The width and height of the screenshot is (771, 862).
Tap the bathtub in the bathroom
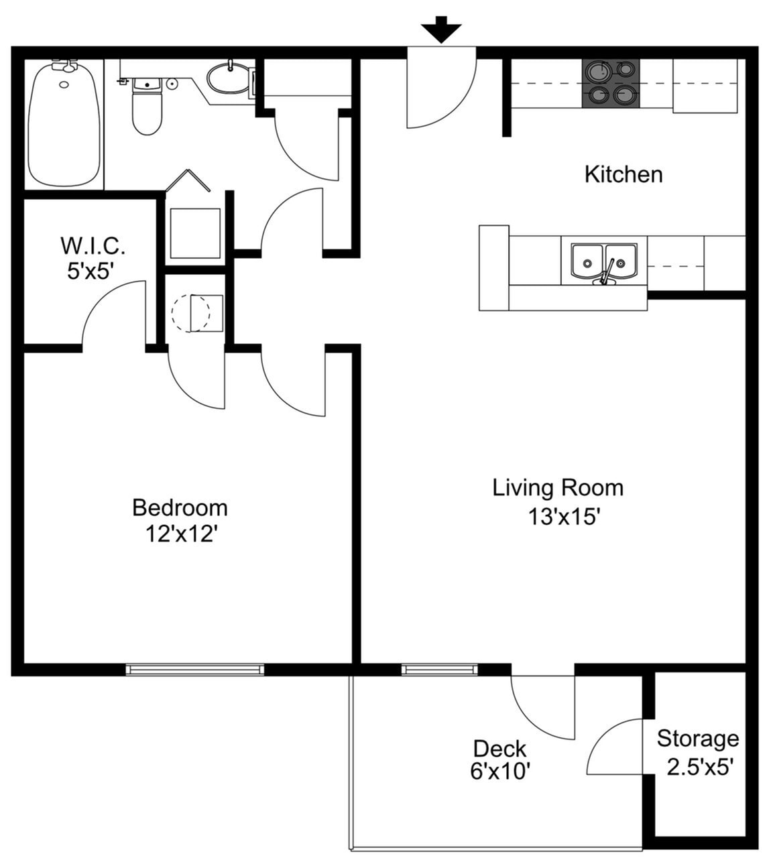pos(64,124)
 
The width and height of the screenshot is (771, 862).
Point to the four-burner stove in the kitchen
pos(610,83)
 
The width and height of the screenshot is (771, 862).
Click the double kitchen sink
pos(603,261)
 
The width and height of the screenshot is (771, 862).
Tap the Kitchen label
pos(624,174)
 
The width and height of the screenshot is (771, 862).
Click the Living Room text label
pos(558,487)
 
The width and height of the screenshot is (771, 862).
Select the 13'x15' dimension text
pos(563,517)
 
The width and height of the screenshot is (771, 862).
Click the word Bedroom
pos(180,507)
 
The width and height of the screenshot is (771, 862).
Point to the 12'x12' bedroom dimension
pos(182,534)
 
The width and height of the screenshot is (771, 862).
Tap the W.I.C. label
pos(93,245)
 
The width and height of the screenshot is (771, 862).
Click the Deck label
pos(499,748)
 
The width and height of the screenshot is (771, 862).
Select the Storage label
pos(697,739)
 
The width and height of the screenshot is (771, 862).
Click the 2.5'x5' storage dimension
pos(698,766)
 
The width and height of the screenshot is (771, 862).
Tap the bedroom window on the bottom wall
pos(195,669)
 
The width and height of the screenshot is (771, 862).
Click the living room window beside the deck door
pos(439,669)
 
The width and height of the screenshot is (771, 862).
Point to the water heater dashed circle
pos(190,312)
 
